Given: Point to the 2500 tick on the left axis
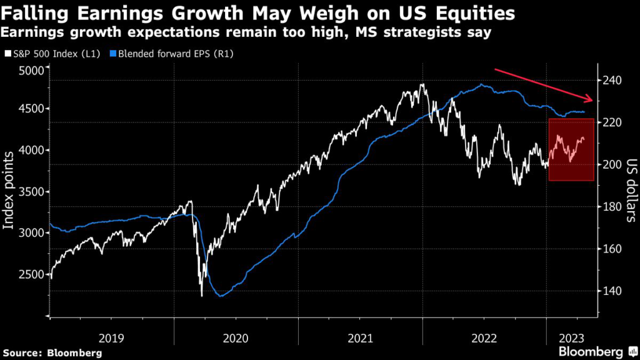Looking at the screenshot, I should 29,274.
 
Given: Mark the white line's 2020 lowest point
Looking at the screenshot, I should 201,296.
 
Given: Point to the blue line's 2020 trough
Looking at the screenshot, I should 221,296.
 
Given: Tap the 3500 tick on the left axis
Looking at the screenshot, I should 29,191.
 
